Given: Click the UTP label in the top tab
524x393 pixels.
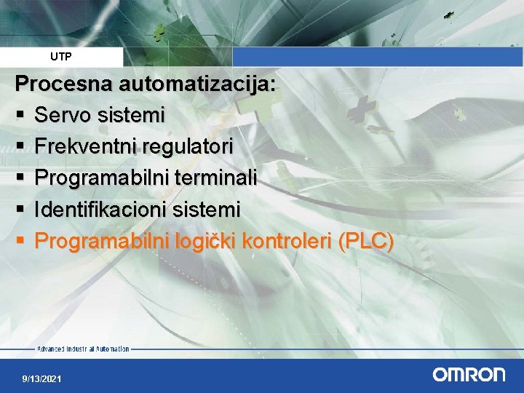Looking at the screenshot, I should (x=61, y=56).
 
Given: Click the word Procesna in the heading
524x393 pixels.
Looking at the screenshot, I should (x=63, y=84).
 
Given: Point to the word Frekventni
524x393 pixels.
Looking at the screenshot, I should (x=86, y=146).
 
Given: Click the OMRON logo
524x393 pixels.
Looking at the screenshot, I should (x=469, y=375).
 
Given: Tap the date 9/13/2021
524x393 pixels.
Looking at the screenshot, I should (x=41, y=379).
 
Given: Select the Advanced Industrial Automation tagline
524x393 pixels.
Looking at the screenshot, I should (x=83, y=349).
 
